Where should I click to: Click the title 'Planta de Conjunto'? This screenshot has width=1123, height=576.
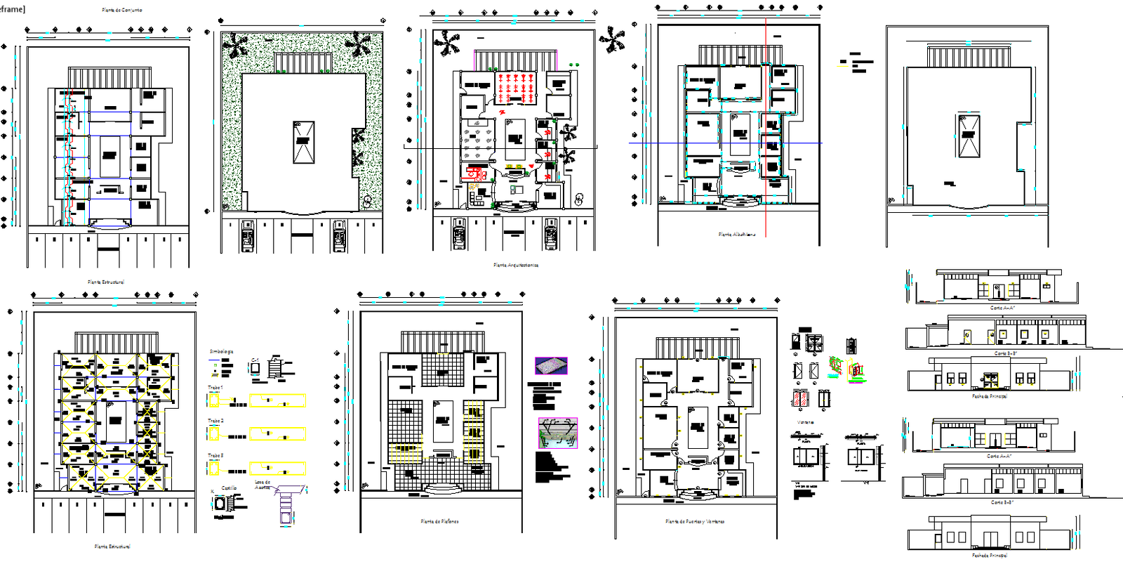[x=122, y=11]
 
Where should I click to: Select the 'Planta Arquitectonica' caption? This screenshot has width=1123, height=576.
[x=516, y=266]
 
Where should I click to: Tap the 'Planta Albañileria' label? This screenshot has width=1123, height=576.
[x=737, y=235]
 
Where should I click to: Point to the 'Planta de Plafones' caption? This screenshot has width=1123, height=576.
[x=440, y=522]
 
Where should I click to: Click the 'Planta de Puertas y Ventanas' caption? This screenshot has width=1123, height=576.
[x=695, y=522]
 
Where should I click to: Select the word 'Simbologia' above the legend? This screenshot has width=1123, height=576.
[x=221, y=351]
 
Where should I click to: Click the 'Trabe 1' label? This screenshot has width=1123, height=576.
[x=215, y=388]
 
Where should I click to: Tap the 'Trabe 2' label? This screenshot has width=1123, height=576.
[x=215, y=421]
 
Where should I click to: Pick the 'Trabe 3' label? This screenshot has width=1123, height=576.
[x=215, y=455]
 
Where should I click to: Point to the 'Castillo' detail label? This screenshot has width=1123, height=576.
[x=230, y=487]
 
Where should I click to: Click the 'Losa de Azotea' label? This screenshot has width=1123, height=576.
[x=263, y=485]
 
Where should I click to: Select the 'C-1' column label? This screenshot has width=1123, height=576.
[x=255, y=360]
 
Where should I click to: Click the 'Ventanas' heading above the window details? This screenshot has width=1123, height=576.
[x=805, y=422]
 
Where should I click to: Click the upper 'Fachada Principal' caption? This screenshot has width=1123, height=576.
[x=990, y=396]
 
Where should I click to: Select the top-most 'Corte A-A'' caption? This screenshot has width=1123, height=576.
[x=1002, y=308]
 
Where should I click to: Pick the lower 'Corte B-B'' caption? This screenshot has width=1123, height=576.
[x=1002, y=502]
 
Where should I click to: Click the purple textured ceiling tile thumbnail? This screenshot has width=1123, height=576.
[x=551, y=365]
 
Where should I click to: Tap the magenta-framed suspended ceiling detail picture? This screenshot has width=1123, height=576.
[x=558, y=433]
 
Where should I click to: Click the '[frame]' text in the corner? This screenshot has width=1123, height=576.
[x=13, y=8]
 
